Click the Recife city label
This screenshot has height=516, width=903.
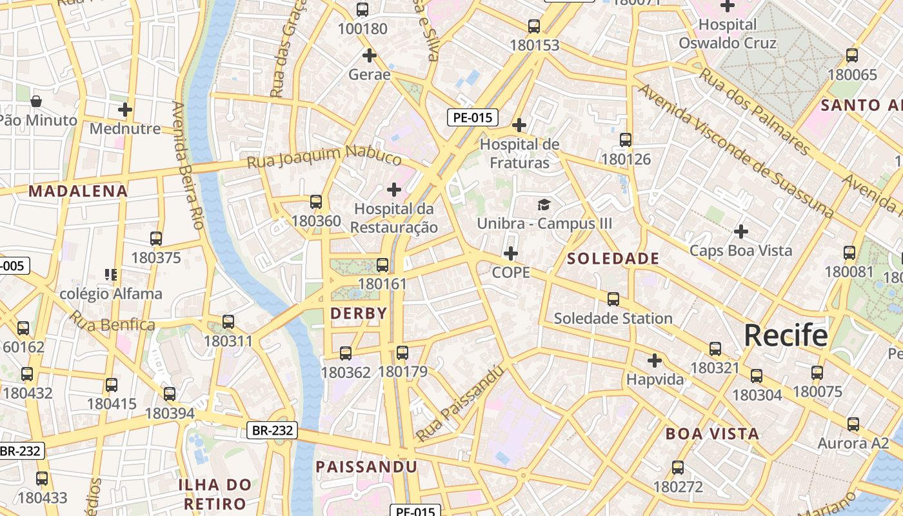tap(786, 335)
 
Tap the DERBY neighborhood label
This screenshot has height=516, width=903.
tap(359, 313)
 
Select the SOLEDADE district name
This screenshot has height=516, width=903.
tap(613, 259)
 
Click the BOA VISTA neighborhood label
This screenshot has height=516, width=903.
tap(712, 433)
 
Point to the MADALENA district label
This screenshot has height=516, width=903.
tap(78, 191)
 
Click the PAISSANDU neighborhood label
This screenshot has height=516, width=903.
tap(366, 466)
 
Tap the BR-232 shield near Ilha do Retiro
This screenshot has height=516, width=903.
tap(272, 430)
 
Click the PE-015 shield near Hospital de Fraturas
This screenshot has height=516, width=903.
tap(473, 117)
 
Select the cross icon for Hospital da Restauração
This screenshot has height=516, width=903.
tap(393, 190)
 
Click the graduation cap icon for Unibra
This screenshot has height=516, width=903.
tap(544, 205)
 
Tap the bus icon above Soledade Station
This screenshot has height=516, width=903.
tap(613, 299)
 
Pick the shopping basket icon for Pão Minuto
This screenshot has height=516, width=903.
tap(36, 101)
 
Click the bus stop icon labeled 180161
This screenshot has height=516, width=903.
tap(382, 265)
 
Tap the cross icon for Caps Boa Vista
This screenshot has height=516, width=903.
tap(741, 231)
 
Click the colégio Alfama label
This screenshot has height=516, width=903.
tap(111, 294)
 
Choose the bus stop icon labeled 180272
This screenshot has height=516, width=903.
tap(677, 468)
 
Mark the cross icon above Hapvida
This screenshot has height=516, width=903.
tap(655, 360)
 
